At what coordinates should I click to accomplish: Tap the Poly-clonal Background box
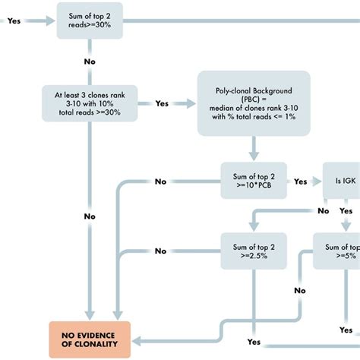(x=254, y=103)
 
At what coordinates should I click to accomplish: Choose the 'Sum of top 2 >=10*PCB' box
(x=254, y=182)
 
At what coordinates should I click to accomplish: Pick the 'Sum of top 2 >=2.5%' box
(x=254, y=251)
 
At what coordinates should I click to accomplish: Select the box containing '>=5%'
(x=339, y=251)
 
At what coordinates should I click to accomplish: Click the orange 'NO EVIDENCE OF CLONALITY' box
(x=90, y=336)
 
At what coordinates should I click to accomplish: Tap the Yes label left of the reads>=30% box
(x=14, y=21)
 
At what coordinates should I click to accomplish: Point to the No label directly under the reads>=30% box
(x=90, y=60)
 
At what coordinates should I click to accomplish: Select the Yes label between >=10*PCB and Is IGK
(x=301, y=182)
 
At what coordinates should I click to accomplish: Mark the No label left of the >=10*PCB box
(x=160, y=182)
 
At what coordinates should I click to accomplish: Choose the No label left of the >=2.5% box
(x=160, y=251)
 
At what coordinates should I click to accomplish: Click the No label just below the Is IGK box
(x=324, y=210)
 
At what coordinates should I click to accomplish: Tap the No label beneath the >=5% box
(x=301, y=290)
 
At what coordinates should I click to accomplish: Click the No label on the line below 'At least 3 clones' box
(x=90, y=216)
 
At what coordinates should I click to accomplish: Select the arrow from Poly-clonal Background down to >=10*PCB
(x=254, y=148)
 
